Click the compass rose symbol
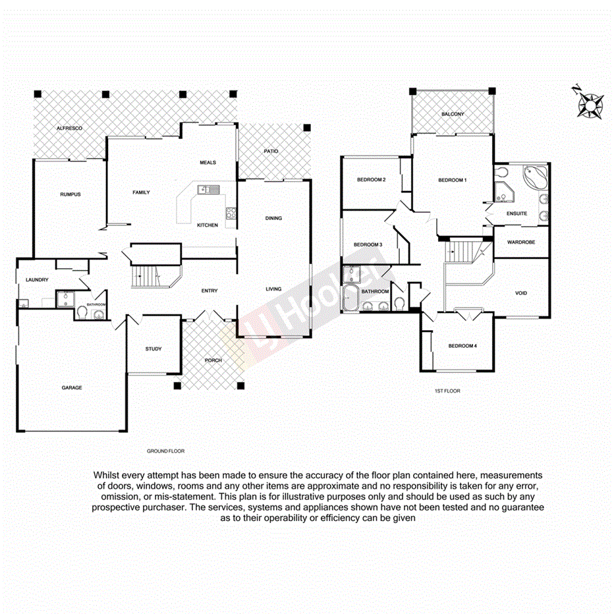tap(590, 105)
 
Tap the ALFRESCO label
tap(69, 128)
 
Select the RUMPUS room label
tap(70, 194)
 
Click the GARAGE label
tap(72, 388)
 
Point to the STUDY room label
tap(153, 349)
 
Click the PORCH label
tap(213, 360)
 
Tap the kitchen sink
tap(209, 190)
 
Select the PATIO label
tap(271, 152)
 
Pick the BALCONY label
tap(453, 115)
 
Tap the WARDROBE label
tap(521, 242)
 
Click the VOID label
tap(521, 293)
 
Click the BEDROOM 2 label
tap(371, 180)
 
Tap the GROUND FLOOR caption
tap(165, 451)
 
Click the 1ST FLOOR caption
tap(447, 391)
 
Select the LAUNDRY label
tap(37, 280)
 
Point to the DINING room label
tap(273, 218)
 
